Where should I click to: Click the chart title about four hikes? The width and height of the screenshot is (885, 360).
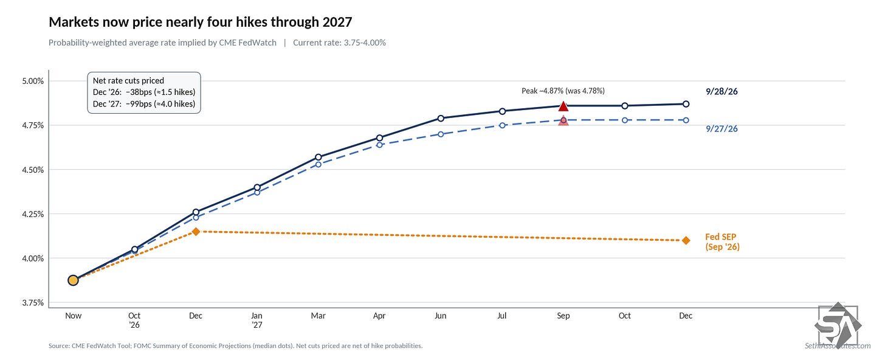(201, 22)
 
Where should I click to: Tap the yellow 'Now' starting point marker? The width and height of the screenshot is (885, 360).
(73, 280)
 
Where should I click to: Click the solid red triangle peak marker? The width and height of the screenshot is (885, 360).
(563, 106)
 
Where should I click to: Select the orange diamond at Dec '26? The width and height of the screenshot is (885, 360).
(196, 232)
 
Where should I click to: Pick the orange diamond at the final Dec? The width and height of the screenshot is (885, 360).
(686, 240)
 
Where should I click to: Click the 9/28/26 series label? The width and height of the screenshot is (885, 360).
(721, 92)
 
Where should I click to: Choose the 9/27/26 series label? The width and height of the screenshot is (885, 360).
(721, 129)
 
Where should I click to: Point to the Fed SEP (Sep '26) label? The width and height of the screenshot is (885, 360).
(722, 242)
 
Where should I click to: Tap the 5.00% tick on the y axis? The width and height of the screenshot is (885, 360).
(33, 81)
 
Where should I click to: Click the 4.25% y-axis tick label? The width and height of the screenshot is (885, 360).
(33, 214)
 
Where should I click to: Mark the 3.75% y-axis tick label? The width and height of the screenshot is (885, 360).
(33, 303)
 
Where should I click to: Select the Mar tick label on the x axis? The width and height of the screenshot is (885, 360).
(318, 316)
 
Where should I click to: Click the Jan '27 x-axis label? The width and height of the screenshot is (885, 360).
(257, 320)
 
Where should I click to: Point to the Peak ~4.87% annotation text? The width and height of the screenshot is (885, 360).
(563, 91)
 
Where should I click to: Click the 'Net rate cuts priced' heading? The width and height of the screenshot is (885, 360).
(128, 81)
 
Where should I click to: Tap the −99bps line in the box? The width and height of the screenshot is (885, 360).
(144, 104)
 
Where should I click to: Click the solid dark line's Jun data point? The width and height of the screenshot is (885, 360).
(441, 118)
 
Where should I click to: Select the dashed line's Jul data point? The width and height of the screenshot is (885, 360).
(502, 125)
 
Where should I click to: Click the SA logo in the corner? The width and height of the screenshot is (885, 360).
(838, 325)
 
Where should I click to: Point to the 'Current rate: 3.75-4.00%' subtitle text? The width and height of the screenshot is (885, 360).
(339, 43)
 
